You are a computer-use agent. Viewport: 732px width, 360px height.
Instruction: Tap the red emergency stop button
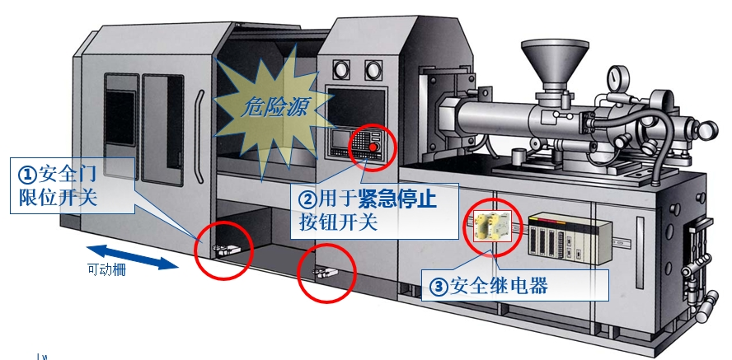[x=373, y=147]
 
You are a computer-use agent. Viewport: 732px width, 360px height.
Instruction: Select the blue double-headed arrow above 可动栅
[x=133, y=255]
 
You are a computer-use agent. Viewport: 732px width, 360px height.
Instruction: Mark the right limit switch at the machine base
[x=325, y=269]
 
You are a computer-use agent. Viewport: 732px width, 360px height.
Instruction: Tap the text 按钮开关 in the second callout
[x=338, y=222]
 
